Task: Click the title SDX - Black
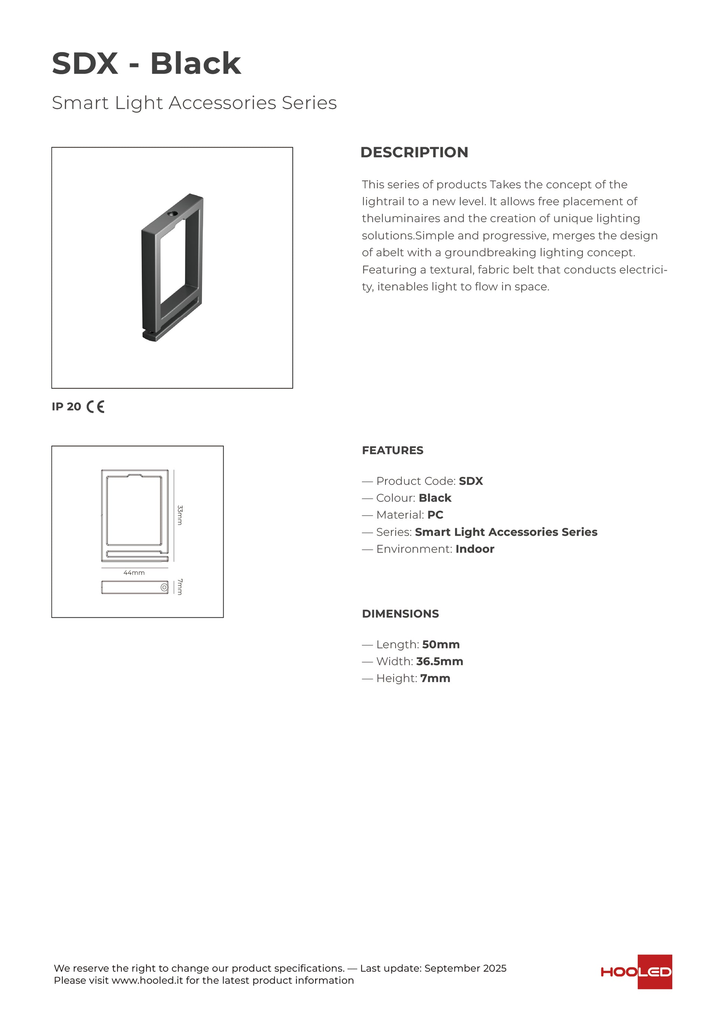point(146,63)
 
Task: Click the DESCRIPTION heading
point(414,152)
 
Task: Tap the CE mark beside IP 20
point(95,407)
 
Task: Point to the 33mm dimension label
point(180,515)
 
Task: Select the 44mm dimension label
point(134,573)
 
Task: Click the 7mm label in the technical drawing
point(180,587)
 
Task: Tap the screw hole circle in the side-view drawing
point(164,588)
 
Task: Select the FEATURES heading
point(392,451)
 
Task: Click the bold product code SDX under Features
point(471,481)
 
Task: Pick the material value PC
point(435,515)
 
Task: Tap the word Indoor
point(475,549)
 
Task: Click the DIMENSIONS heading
point(400,614)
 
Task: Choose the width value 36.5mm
point(440,662)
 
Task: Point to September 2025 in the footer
point(465,968)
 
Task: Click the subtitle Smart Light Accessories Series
point(194,103)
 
